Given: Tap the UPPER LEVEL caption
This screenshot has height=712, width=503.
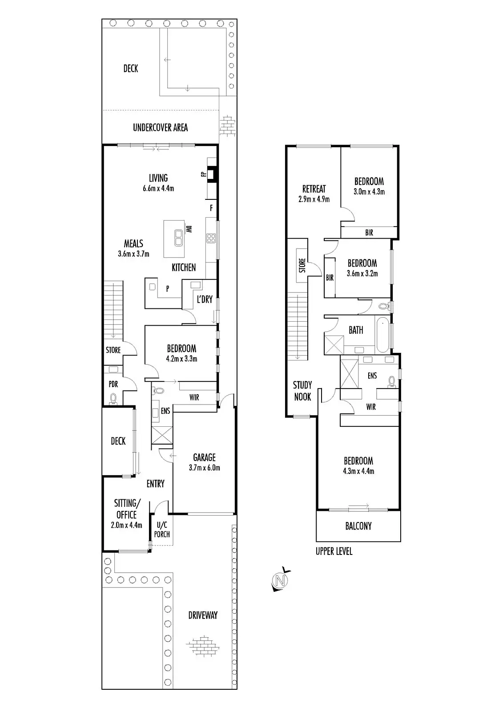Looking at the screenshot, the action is pyautogui.click(x=334, y=551).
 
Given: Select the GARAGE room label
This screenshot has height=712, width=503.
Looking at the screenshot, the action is pyautogui.click(x=204, y=457).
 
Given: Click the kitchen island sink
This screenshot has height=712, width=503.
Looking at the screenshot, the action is pyautogui.click(x=178, y=237).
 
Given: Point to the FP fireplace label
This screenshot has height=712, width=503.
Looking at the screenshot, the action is pyautogui.click(x=203, y=174).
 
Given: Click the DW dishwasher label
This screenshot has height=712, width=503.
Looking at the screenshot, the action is pyautogui.click(x=189, y=229).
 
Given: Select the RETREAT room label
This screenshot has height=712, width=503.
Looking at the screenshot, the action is pyautogui.click(x=314, y=189).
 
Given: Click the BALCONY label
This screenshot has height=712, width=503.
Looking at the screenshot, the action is pyautogui.click(x=358, y=526).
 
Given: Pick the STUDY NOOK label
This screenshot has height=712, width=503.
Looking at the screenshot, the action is pyautogui.click(x=302, y=391).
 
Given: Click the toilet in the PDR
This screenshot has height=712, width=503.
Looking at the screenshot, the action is pyautogui.click(x=113, y=398).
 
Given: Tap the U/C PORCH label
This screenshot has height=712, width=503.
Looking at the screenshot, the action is pyautogui.click(x=162, y=530).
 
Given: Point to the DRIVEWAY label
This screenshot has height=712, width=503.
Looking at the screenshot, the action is pyautogui.click(x=203, y=615).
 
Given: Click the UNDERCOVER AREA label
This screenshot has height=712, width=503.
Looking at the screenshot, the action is pyautogui.click(x=160, y=128).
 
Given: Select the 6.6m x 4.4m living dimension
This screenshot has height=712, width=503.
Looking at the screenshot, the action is pyautogui.click(x=158, y=188).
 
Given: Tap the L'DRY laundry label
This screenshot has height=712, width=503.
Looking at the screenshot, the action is pyautogui.click(x=205, y=299).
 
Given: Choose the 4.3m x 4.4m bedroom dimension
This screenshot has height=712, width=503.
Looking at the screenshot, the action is pyautogui.click(x=358, y=471).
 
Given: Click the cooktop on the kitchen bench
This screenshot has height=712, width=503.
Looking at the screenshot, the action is pyautogui.click(x=211, y=239).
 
